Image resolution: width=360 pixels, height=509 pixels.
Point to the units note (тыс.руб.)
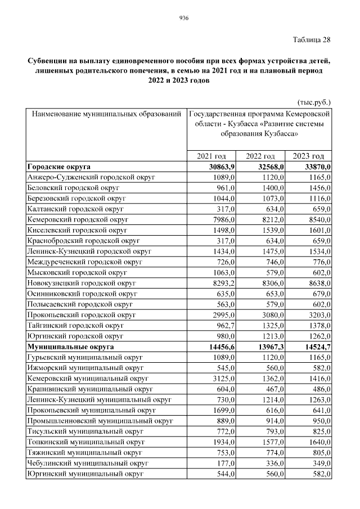pos(313,102)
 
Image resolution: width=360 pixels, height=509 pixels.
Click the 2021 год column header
pos(211,156)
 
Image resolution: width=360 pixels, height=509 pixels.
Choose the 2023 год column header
pos(309,156)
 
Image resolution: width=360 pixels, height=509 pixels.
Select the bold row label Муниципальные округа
pos(70,347)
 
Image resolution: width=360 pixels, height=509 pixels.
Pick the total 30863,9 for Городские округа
pos(221,166)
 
